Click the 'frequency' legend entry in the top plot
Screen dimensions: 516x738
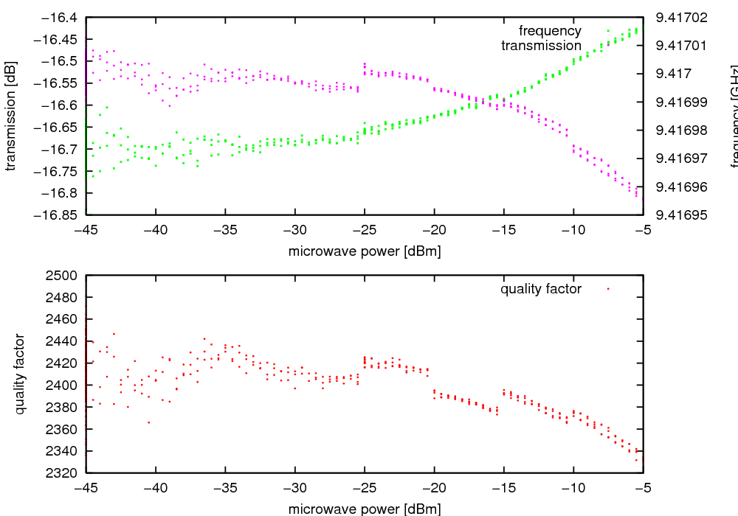pyautogui.click(x=550, y=31)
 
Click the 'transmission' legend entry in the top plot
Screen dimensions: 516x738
pyautogui.click(x=541, y=46)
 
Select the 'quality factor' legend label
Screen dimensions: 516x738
pyautogui.click(x=541, y=289)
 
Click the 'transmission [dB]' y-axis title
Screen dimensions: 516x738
pyautogui.click(x=10, y=116)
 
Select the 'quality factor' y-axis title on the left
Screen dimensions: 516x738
pyautogui.click(x=20, y=374)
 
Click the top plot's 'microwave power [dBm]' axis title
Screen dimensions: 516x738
pyautogui.click(x=365, y=251)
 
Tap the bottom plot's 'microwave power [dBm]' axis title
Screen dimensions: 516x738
pyautogui.click(x=365, y=508)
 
